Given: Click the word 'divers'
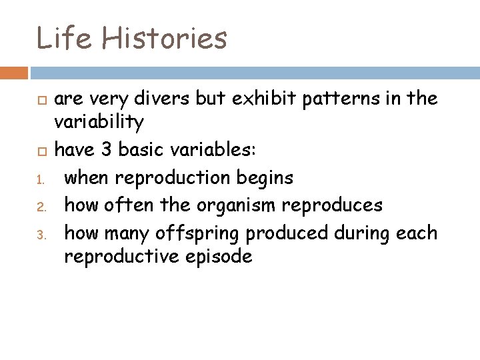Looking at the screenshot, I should (167, 99).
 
